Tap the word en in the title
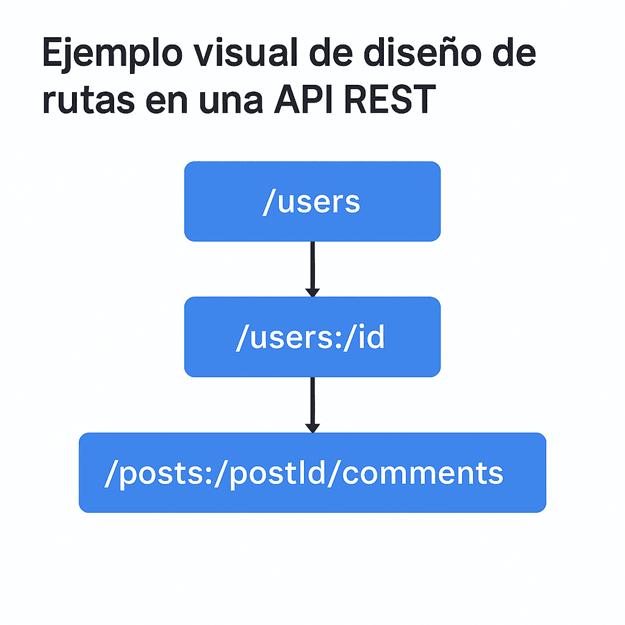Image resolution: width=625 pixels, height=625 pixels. click(x=162, y=101)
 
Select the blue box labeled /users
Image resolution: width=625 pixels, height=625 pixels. click(x=312, y=201)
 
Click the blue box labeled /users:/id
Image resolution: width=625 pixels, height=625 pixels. click(x=312, y=336)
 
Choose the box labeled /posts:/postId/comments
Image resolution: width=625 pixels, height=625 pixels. click(x=312, y=472)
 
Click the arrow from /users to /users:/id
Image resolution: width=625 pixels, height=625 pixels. click(x=312, y=266)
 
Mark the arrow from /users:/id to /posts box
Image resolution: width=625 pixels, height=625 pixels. click(x=312, y=401)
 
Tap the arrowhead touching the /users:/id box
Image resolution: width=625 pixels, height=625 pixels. click(x=312, y=293)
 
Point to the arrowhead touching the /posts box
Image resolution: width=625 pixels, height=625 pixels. click(x=312, y=428)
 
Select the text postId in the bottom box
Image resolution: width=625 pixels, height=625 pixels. click(x=278, y=474)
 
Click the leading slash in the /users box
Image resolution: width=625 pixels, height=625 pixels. click(x=267, y=202)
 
